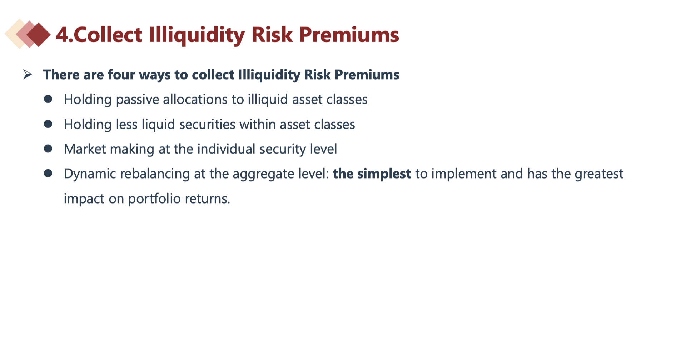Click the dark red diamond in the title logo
39,35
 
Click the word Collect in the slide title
108,35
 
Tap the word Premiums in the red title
349,35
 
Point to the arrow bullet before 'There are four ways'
28,74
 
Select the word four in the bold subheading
121,75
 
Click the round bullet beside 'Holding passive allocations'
48,99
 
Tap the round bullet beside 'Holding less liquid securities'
48,124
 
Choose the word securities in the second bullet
207,124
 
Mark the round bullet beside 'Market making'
48,149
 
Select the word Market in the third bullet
85,149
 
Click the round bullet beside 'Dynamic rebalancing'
48,174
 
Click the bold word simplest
384,174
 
